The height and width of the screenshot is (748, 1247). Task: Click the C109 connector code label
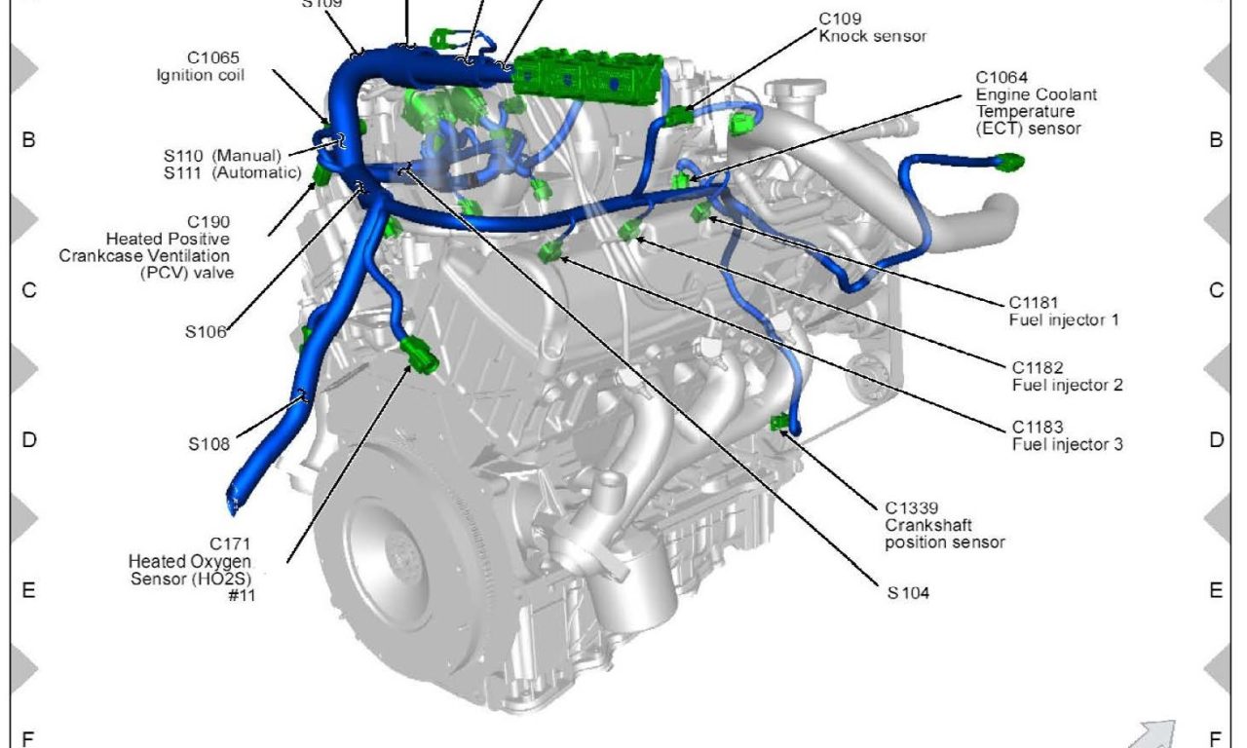(840, 19)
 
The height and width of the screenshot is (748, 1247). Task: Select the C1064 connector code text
(1001, 77)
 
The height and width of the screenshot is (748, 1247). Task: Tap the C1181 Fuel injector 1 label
(1063, 311)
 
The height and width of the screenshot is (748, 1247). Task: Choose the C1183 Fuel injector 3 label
(1067, 435)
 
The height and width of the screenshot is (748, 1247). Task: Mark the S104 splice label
(908, 593)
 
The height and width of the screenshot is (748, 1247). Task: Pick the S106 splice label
(206, 332)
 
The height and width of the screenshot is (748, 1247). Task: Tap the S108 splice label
(208, 444)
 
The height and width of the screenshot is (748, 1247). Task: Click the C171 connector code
(230, 543)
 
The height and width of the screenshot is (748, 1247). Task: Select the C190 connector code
(208, 222)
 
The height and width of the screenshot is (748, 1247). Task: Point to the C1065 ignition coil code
(213, 57)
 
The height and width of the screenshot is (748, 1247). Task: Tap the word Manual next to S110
(246, 156)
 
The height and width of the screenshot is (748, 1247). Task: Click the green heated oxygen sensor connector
(420, 355)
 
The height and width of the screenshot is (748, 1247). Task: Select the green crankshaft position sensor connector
(779, 423)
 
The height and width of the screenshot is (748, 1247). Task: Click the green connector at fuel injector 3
(551, 252)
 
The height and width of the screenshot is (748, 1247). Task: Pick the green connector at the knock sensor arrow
(680, 116)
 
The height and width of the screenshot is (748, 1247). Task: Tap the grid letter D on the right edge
(1216, 440)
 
